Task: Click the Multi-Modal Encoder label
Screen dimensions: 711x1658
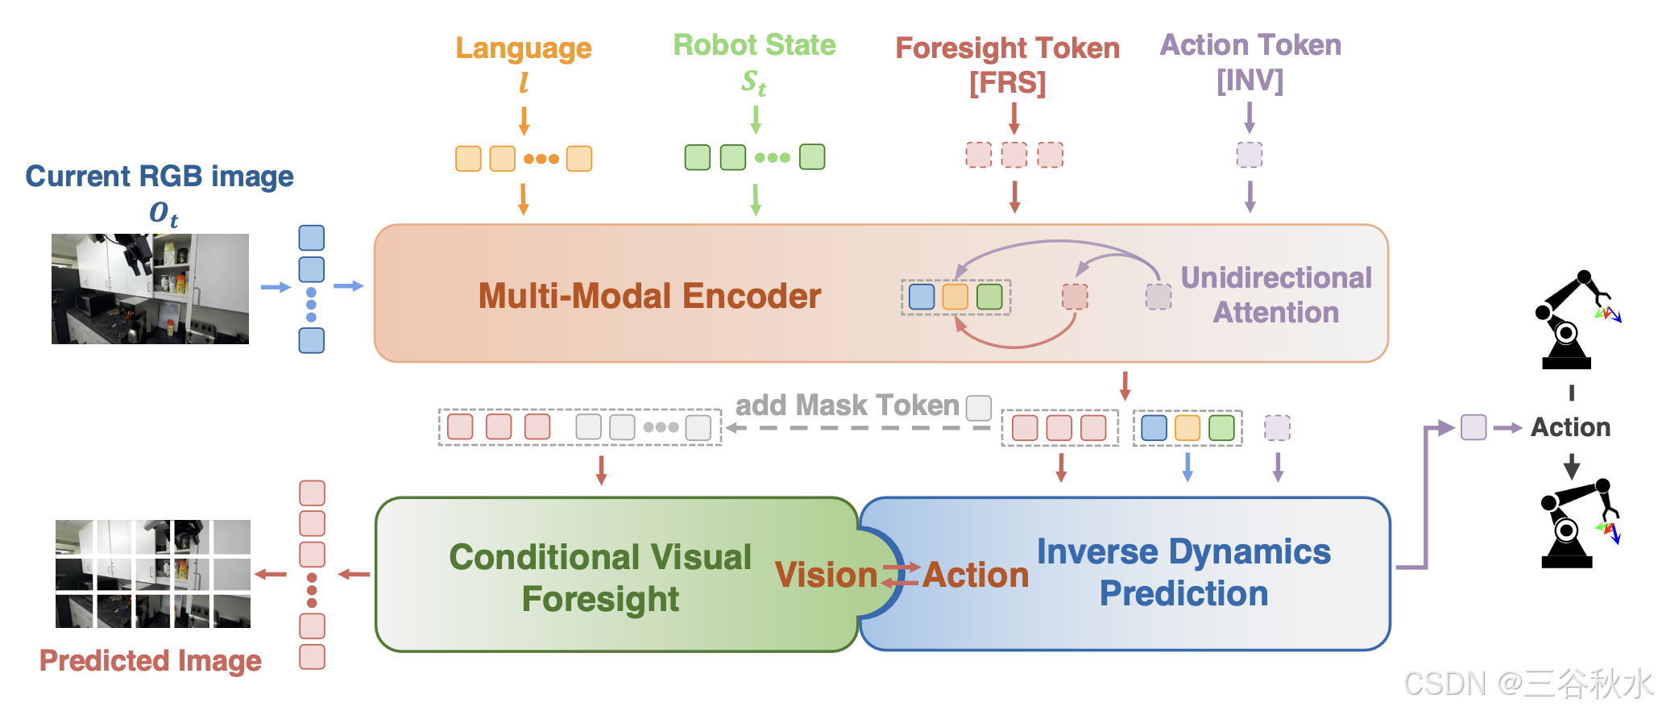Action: [x=649, y=296]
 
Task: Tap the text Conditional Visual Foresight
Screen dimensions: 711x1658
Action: [x=600, y=577]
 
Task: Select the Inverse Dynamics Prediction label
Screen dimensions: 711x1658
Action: [x=1183, y=572]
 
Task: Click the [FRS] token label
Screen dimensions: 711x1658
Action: [x=1007, y=83]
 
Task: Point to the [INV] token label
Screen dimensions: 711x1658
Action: [x=1250, y=81]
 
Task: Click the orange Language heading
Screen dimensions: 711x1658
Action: [x=524, y=48]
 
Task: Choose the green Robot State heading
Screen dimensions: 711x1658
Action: [x=754, y=45]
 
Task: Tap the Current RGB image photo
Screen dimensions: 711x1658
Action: [x=150, y=289]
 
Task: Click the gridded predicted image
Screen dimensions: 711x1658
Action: [x=152, y=573]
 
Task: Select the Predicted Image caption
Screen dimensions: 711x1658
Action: [x=151, y=660]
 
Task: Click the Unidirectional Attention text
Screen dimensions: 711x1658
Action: [x=1276, y=295]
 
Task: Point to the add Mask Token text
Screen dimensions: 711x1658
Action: [x=847, y=405]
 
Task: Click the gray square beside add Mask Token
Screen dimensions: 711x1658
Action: [x=979, y=408]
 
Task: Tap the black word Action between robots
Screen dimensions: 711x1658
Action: [x=1570, y=427]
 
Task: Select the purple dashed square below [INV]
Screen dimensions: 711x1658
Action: [x=1250, y=155]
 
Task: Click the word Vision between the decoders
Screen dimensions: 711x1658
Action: [x=826, y=575]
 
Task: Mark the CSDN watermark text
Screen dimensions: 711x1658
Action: [x=1527, y=684]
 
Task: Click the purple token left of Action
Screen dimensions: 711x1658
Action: [x=1474, y=427]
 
